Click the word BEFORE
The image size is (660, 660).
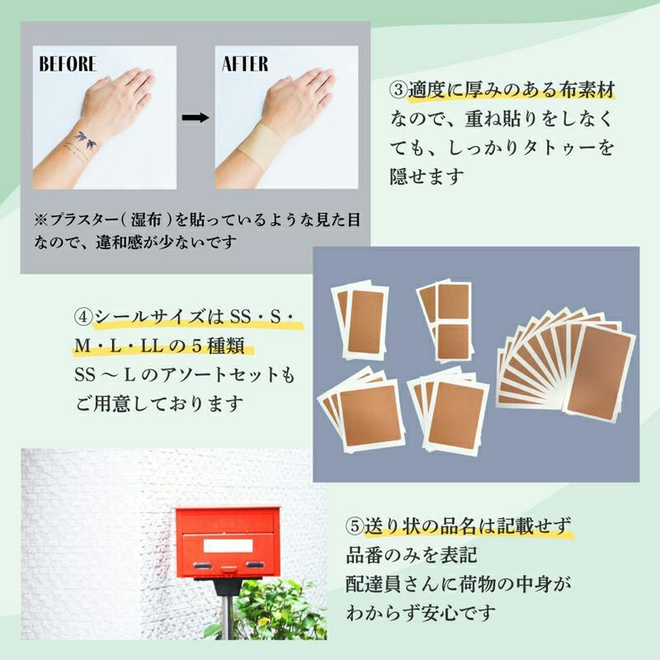coord(68,64)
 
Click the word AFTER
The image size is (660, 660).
coord(245,64)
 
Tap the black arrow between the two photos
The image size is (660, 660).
coord(196,117)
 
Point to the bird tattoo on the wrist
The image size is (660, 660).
coord(86,140)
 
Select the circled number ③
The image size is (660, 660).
coord(398,90)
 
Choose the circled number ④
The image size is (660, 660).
coord(83,317)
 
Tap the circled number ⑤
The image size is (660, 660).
coord(355,526)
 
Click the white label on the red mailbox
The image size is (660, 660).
coord(229,546)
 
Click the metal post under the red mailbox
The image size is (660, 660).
coord(226,615)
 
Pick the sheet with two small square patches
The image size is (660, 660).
coord(446,321)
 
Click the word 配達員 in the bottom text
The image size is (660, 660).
coord(375,584)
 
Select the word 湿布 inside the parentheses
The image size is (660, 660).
coord(146,219)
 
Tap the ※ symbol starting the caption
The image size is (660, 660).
coord(41,219)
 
